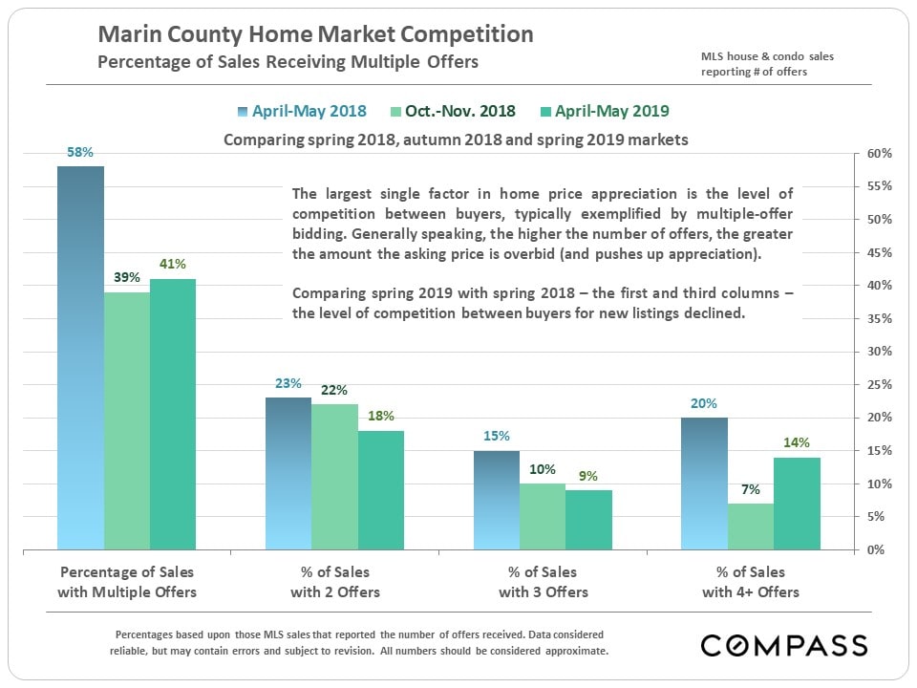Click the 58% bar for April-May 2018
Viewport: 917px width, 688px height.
[x=80, y=358]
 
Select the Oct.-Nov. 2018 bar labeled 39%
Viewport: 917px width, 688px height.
[x=126, y=420]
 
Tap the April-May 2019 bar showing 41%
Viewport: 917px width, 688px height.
[x=172, y=414]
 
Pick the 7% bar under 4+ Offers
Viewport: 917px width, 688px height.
[x=750, y=527]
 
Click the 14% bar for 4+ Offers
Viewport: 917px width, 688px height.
[x=797, y=504]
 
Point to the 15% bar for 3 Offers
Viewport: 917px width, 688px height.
[x=496, y=500]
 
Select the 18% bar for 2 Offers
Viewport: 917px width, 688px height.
[x=380, y=490]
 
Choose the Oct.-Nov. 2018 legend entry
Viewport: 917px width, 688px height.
[x=453, y=111]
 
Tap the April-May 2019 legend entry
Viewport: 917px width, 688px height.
[x=603, y=111]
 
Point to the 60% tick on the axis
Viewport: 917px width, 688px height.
[x=880, y=154]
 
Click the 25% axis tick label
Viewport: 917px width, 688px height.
[x=880, y=385]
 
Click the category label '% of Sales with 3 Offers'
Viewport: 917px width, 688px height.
[x=543, y=582]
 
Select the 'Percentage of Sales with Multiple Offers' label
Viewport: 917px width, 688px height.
[x=127, y=582]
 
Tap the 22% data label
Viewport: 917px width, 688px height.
[x=334, y=390]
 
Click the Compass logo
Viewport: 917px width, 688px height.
[x=784, y=645]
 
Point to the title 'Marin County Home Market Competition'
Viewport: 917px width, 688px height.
[x=316, y=35]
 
